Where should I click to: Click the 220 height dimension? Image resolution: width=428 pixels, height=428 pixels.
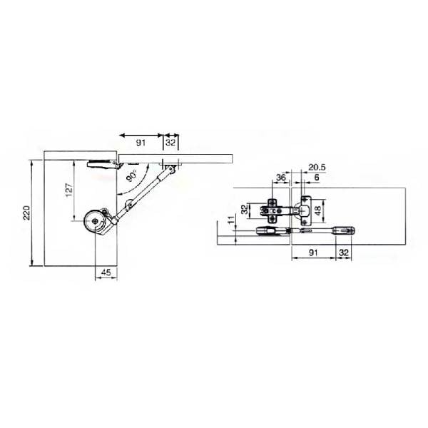pos(26,213)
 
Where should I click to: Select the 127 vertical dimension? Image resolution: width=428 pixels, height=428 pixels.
pos(68,190)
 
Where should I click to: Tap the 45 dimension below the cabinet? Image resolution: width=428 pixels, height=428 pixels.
pos(106,272)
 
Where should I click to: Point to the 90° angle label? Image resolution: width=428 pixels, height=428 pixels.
pos(132,176)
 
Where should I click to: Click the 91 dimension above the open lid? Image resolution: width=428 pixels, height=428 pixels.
pos(141,143)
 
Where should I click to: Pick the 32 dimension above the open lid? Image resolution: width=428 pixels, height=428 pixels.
pos(170,143)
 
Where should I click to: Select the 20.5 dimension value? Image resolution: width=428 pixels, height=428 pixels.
pos(317,167)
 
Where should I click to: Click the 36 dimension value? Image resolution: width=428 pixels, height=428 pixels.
pos(280,178)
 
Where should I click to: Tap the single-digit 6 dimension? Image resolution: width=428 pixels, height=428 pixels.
pos(316,178)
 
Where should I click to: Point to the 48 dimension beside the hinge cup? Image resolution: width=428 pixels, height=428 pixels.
pos(318,210)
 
